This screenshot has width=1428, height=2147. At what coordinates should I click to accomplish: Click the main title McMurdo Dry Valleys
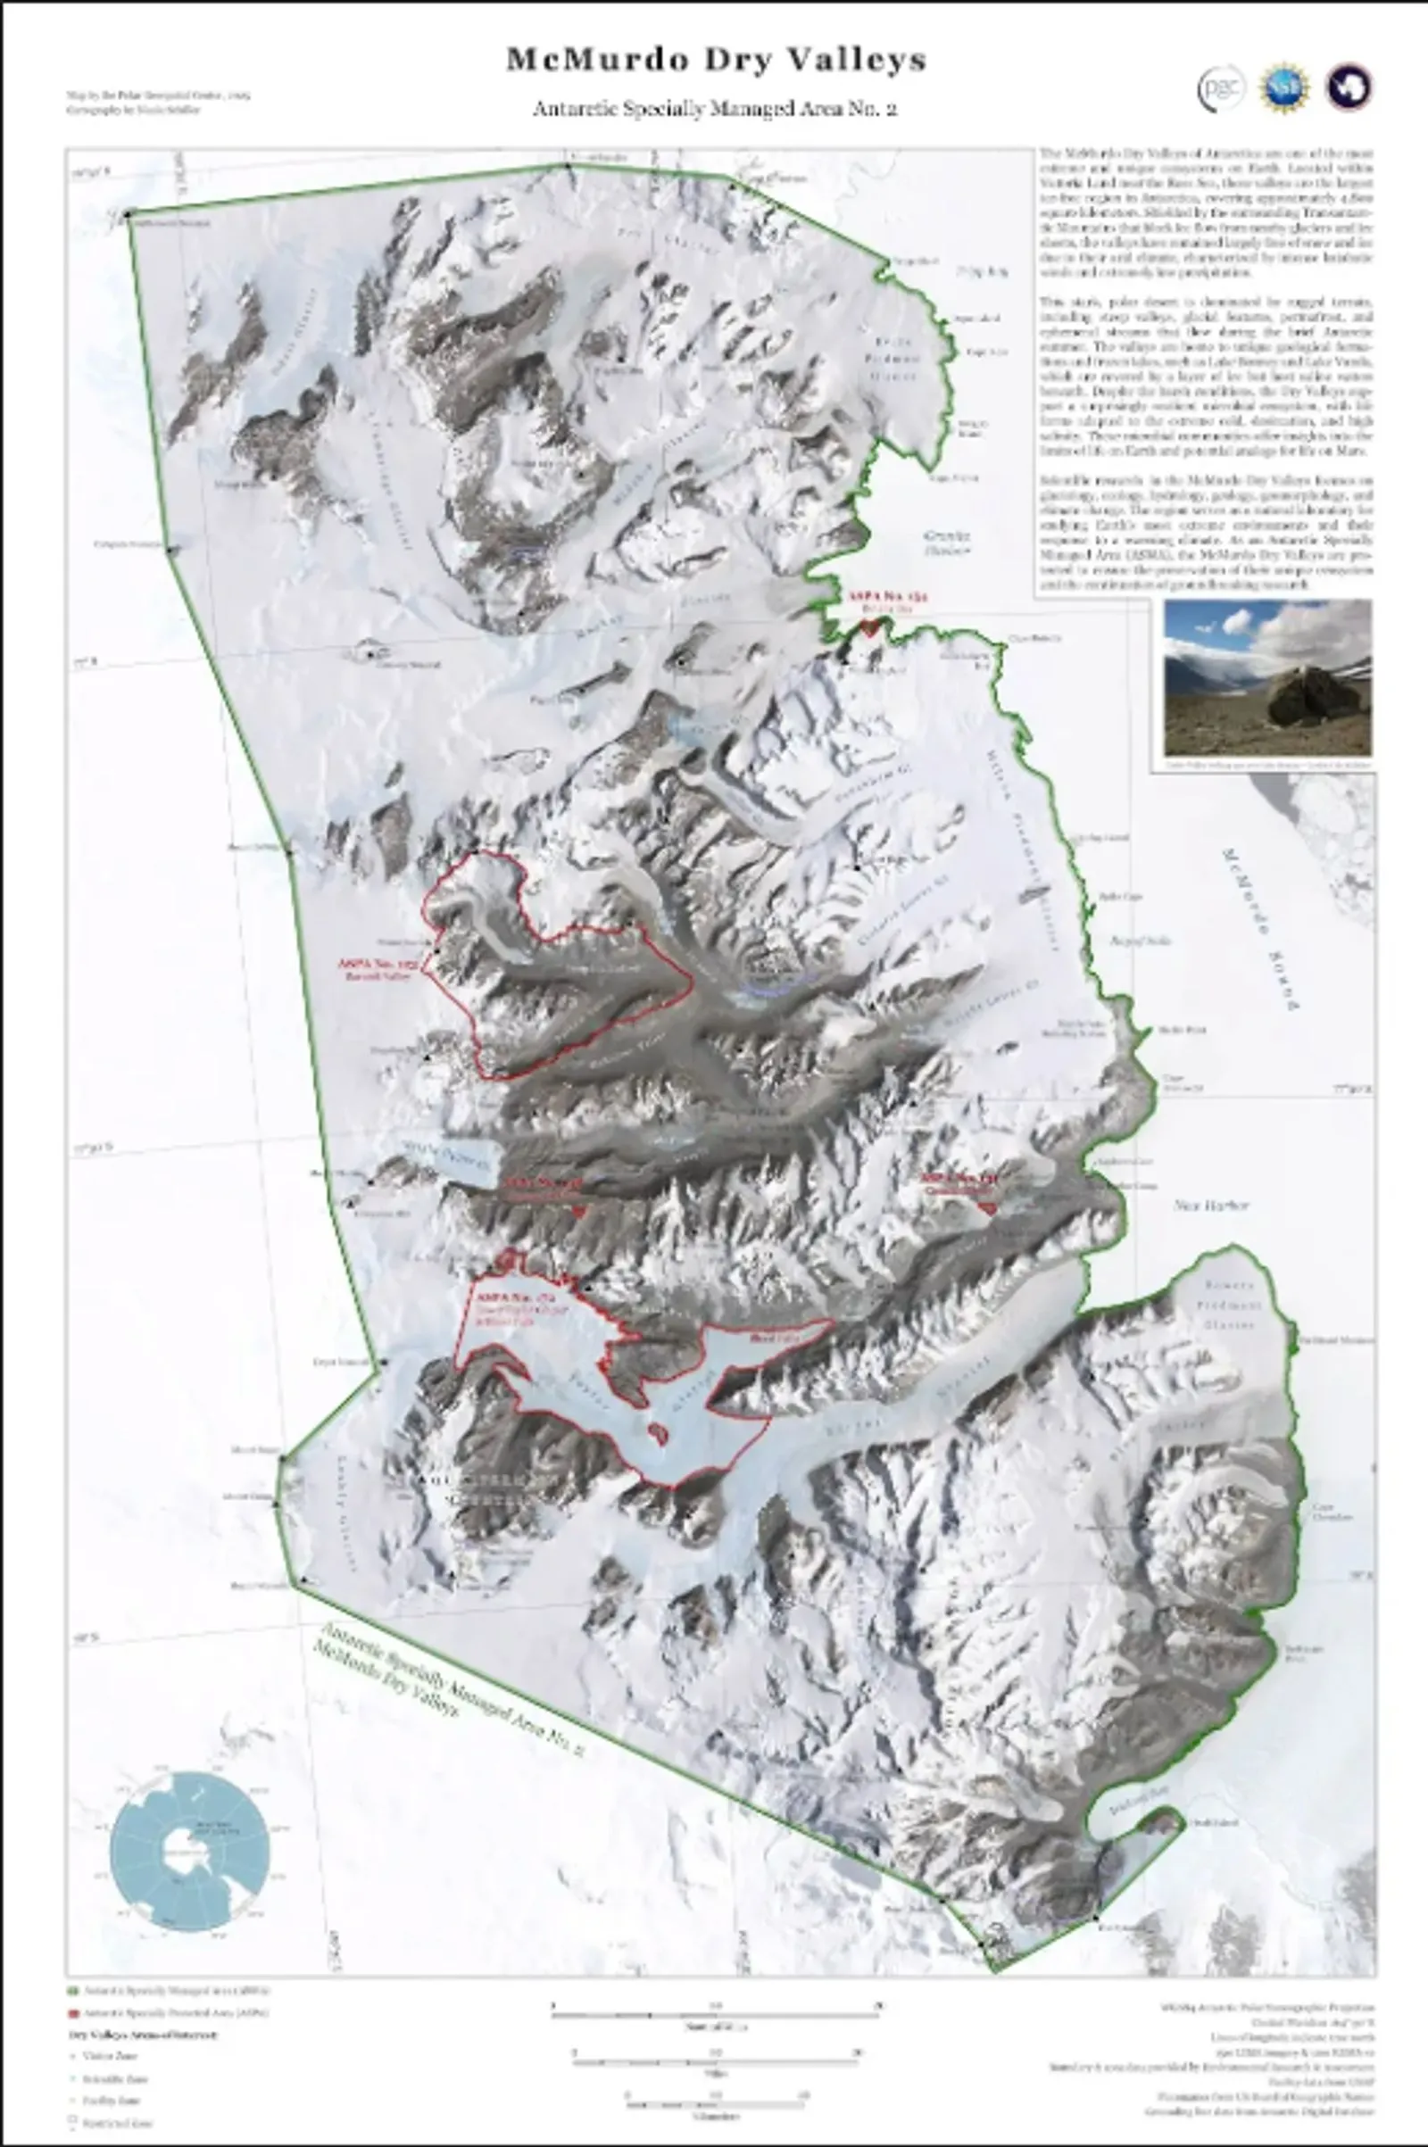(716, 60)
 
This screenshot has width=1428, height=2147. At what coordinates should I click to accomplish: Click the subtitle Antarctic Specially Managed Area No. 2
(715, 108)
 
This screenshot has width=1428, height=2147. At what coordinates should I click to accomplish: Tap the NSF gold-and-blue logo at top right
(1284, 88)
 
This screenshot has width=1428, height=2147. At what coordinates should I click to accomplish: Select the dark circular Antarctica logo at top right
(1349, 88)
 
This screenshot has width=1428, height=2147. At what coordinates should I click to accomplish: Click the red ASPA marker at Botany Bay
(869, 627)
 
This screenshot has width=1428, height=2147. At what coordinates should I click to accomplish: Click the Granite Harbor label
(946, 543)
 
